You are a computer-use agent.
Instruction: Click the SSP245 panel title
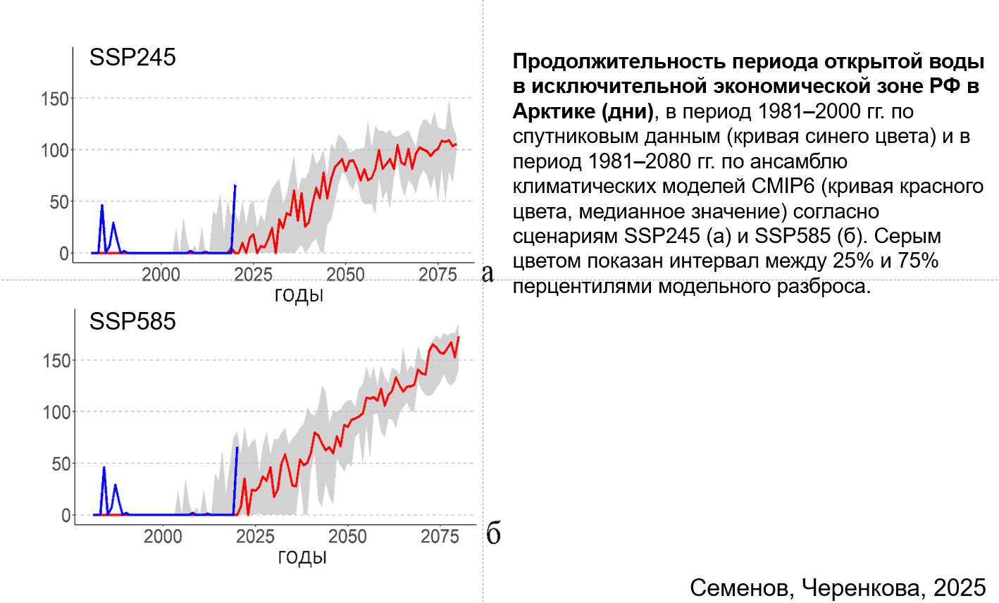pyautogui.click(x=132, y=57)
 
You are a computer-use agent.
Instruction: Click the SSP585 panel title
pyautogui.click(x=132, y=321)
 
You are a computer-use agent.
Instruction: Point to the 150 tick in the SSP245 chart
pyautogui.click(x=55, y=99)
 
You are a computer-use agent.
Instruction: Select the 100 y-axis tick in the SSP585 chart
pyautogui.click(x=56, y=412)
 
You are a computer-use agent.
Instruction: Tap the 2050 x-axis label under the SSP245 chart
pyautogui.click(x=345, y=275)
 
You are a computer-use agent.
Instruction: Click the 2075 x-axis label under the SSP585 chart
pyautogui.click(x=440, y=537)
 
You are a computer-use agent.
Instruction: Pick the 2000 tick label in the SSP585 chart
pyautogui.click(x=163, y=537)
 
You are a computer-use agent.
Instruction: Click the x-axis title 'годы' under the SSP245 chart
pyautogui.click(x=299, y=295)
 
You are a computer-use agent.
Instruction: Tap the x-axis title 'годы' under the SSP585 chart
pyautogui.click(x=302, y=557)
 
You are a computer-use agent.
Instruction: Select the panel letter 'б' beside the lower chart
pyautogui.click(x=493, y=534)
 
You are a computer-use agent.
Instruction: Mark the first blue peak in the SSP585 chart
pyautogui.click(x=104, y=468)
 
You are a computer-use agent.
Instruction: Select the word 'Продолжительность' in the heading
pyautogui.click(x=619, y=61)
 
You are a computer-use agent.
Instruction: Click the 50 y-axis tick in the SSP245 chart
pyautogui.click(x=59, y=202)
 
